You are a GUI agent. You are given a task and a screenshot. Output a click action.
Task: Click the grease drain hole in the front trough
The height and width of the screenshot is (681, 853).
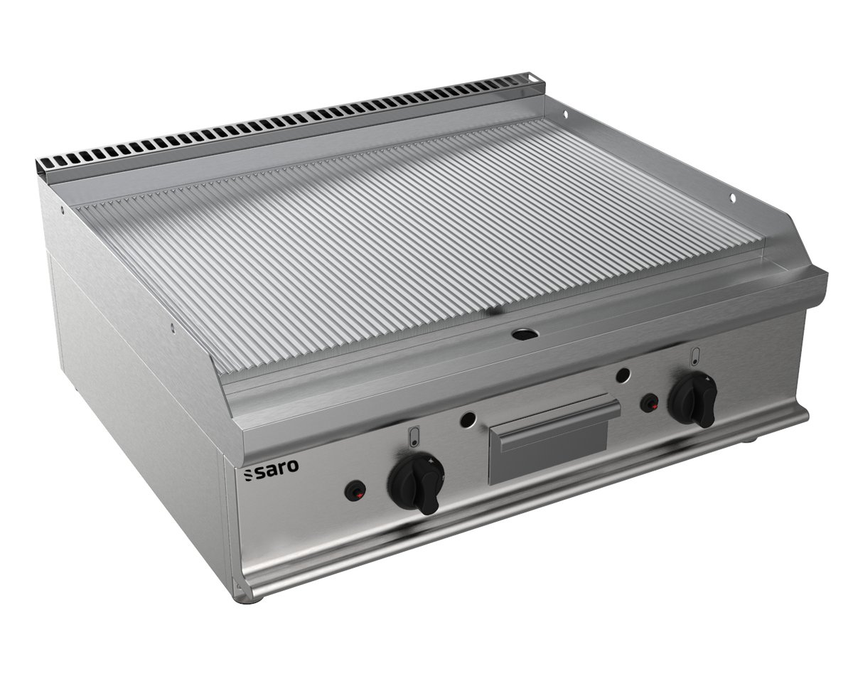525,332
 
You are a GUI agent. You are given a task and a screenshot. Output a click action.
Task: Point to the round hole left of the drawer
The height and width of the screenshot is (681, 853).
467,420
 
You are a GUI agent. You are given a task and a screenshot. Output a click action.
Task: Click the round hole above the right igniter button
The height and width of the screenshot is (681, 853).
623,375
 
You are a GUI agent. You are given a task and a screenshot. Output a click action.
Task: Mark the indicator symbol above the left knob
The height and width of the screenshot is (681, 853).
415,436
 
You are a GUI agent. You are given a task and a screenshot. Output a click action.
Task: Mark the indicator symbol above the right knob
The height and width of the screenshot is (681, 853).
694,355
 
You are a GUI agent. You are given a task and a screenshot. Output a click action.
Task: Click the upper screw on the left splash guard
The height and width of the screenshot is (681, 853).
63,210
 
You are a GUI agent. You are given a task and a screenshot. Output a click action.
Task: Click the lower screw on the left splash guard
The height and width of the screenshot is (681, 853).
171,328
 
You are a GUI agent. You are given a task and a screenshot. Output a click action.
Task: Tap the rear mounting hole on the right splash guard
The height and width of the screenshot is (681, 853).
565,114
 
